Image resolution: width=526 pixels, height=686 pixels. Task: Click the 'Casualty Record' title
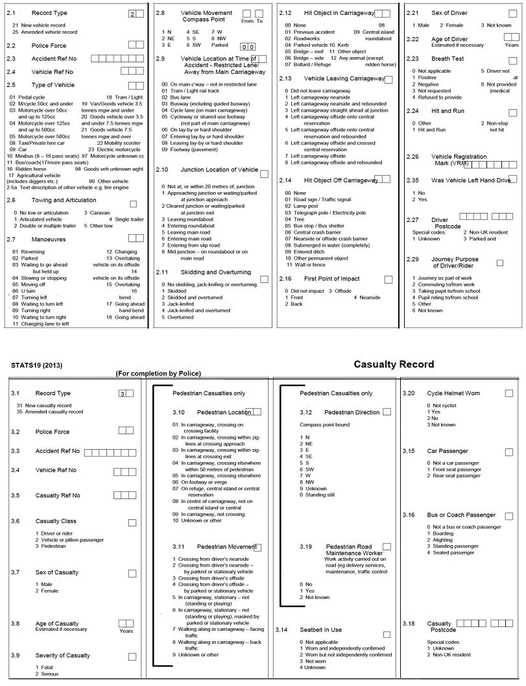click(394, 365)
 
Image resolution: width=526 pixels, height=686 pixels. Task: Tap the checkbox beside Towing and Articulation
click(134, 204)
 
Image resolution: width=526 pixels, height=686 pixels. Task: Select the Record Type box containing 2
click(132, 14)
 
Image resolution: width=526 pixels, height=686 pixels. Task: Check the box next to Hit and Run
click(513, 112)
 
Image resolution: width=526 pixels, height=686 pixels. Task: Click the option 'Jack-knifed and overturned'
click(198, 311)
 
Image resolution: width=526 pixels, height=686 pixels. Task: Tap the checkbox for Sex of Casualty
click(132, 574)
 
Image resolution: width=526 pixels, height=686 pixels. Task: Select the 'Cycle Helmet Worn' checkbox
click(509, 393)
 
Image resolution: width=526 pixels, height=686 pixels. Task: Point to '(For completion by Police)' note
click(158, 374)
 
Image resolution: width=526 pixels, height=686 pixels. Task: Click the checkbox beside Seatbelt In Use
click(387, 634)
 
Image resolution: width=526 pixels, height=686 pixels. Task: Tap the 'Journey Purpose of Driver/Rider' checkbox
click(499, 263)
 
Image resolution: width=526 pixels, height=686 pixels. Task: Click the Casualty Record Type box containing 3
click(122, 393)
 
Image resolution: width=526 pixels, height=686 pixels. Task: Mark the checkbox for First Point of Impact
click(388, 280)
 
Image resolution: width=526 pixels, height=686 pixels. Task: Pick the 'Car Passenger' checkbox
click(509, 452)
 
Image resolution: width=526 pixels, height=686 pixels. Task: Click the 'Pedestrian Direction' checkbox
click(387, 411)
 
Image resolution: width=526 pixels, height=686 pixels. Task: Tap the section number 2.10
click(162, 170)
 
